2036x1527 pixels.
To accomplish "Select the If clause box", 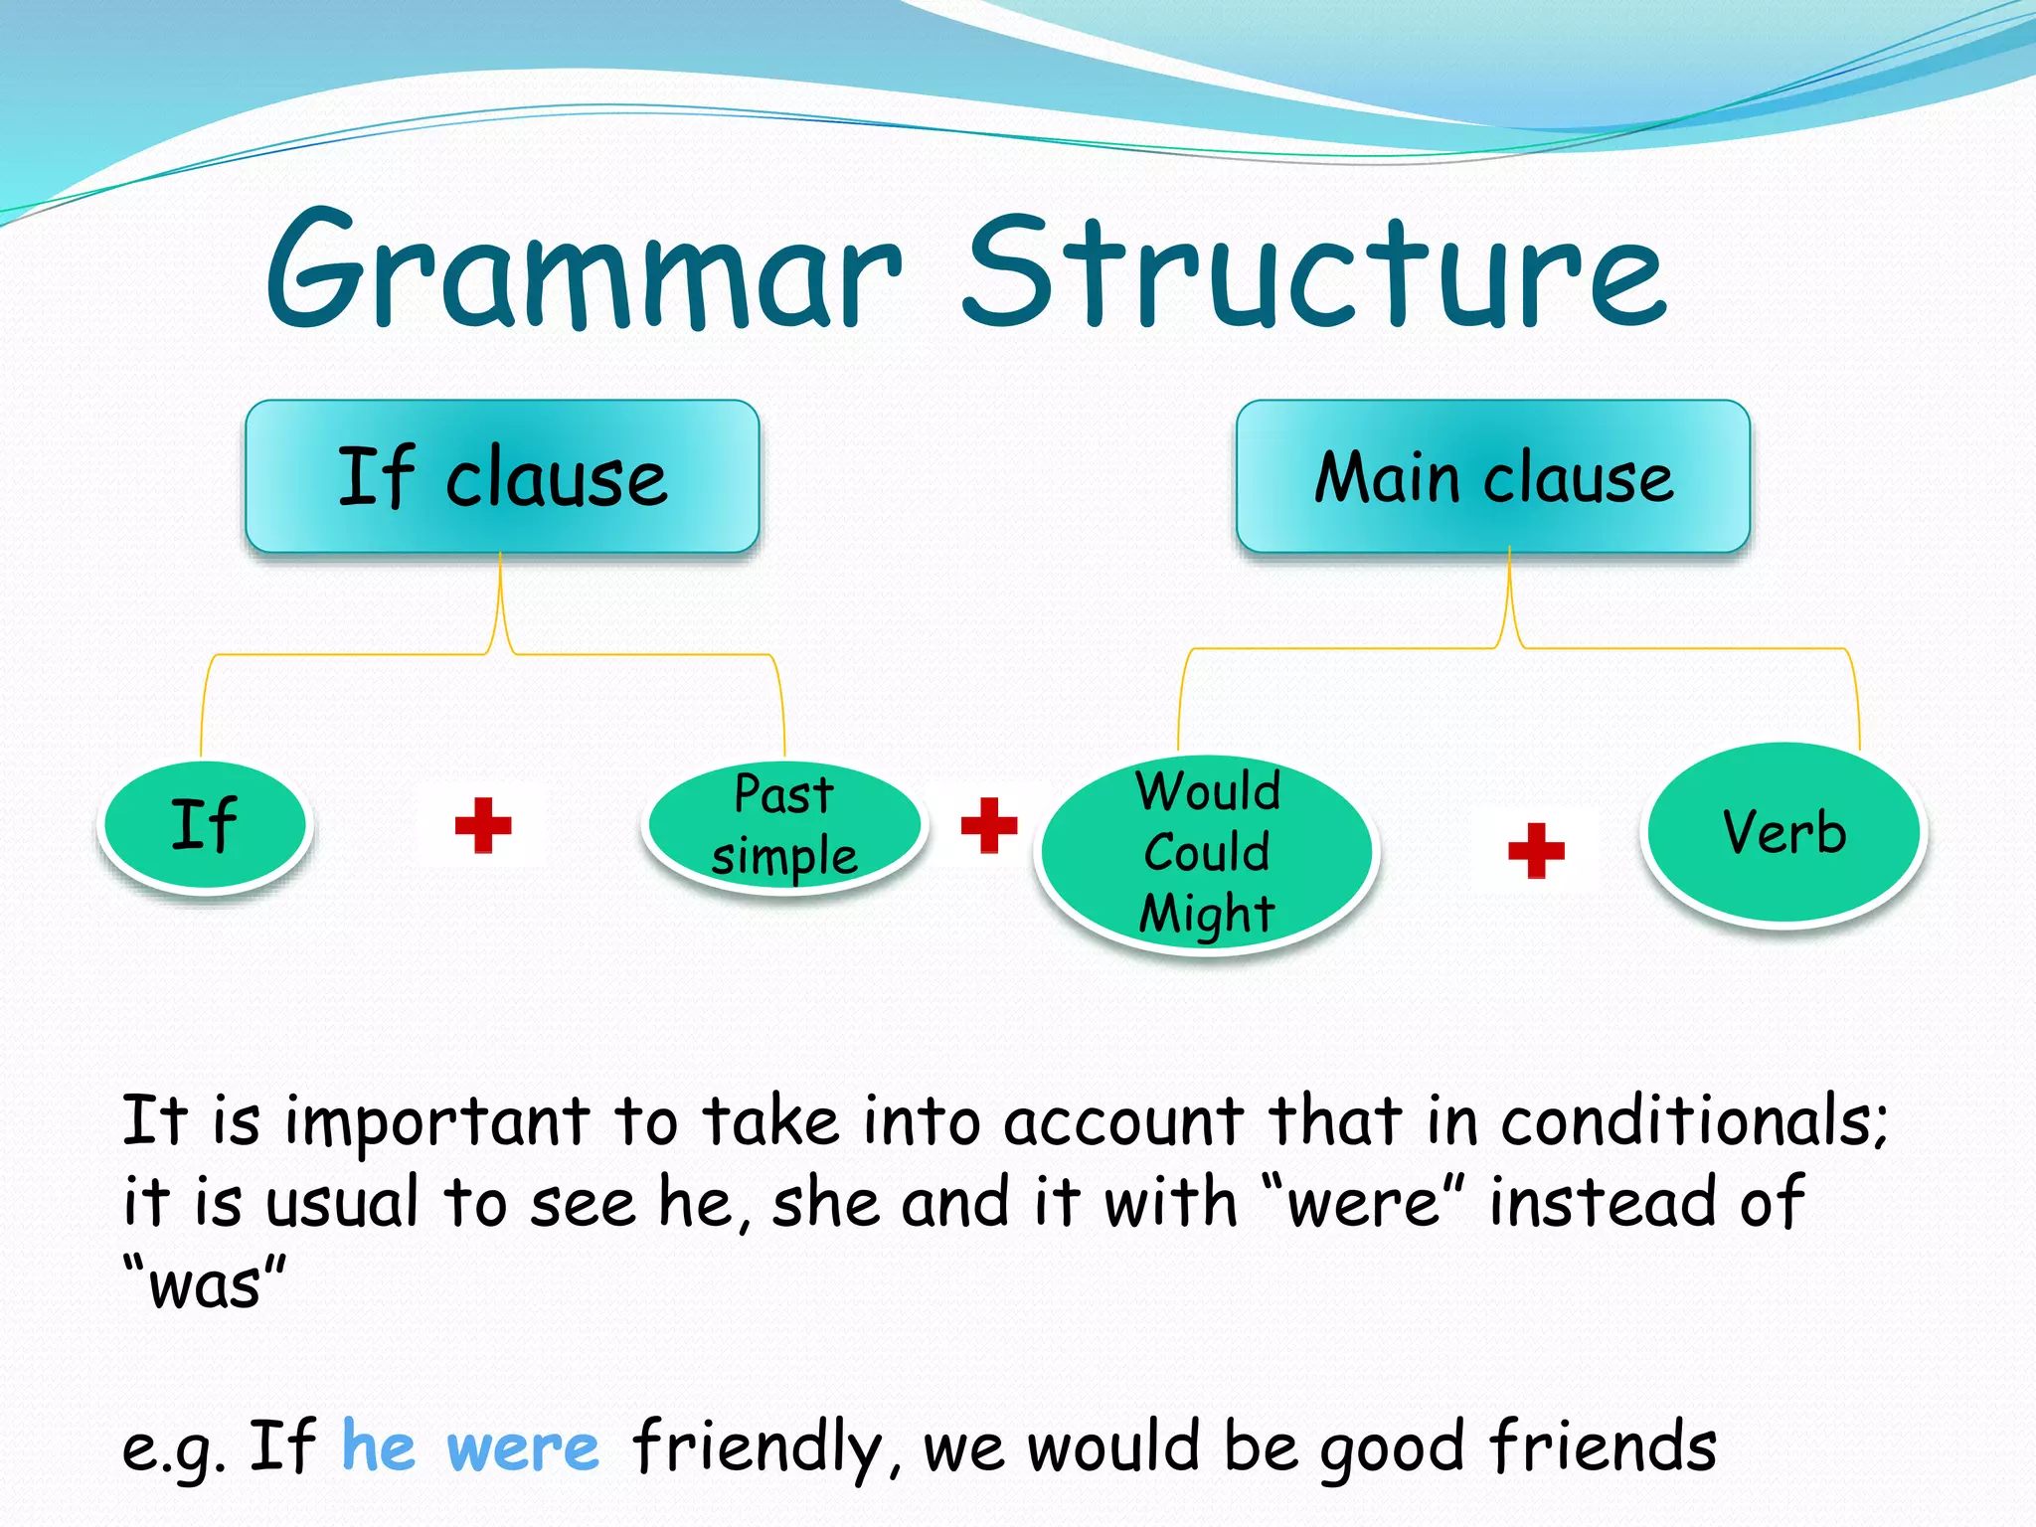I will [x=502, y=477].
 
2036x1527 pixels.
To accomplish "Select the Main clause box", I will [x=1493, y=477].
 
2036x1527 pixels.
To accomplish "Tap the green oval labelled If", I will [x=205, y=825].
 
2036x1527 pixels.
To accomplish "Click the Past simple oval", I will [x=784, y=825].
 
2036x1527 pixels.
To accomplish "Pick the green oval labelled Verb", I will [x=1783, y=833].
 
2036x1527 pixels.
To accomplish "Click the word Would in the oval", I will [x=1208, y=792].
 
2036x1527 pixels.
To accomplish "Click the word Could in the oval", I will [x=1207, y=853].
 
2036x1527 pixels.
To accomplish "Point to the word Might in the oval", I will [x=1207, y=914].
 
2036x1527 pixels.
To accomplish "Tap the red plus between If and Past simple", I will [x=483, y=825].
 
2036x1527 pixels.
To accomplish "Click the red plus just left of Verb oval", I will [x=1536, y=851].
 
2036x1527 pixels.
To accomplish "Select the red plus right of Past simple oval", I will [x=989, y=825].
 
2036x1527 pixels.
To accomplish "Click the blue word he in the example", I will [x=378, y=1446].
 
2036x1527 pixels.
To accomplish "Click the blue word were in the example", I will [x=523, y=1448].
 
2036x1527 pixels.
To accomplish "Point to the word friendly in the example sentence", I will [x=756, y=1448].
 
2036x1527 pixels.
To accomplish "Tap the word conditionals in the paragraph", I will [x=1690, y=1121].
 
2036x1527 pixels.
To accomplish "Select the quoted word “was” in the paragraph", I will [x=204, y=1283].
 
